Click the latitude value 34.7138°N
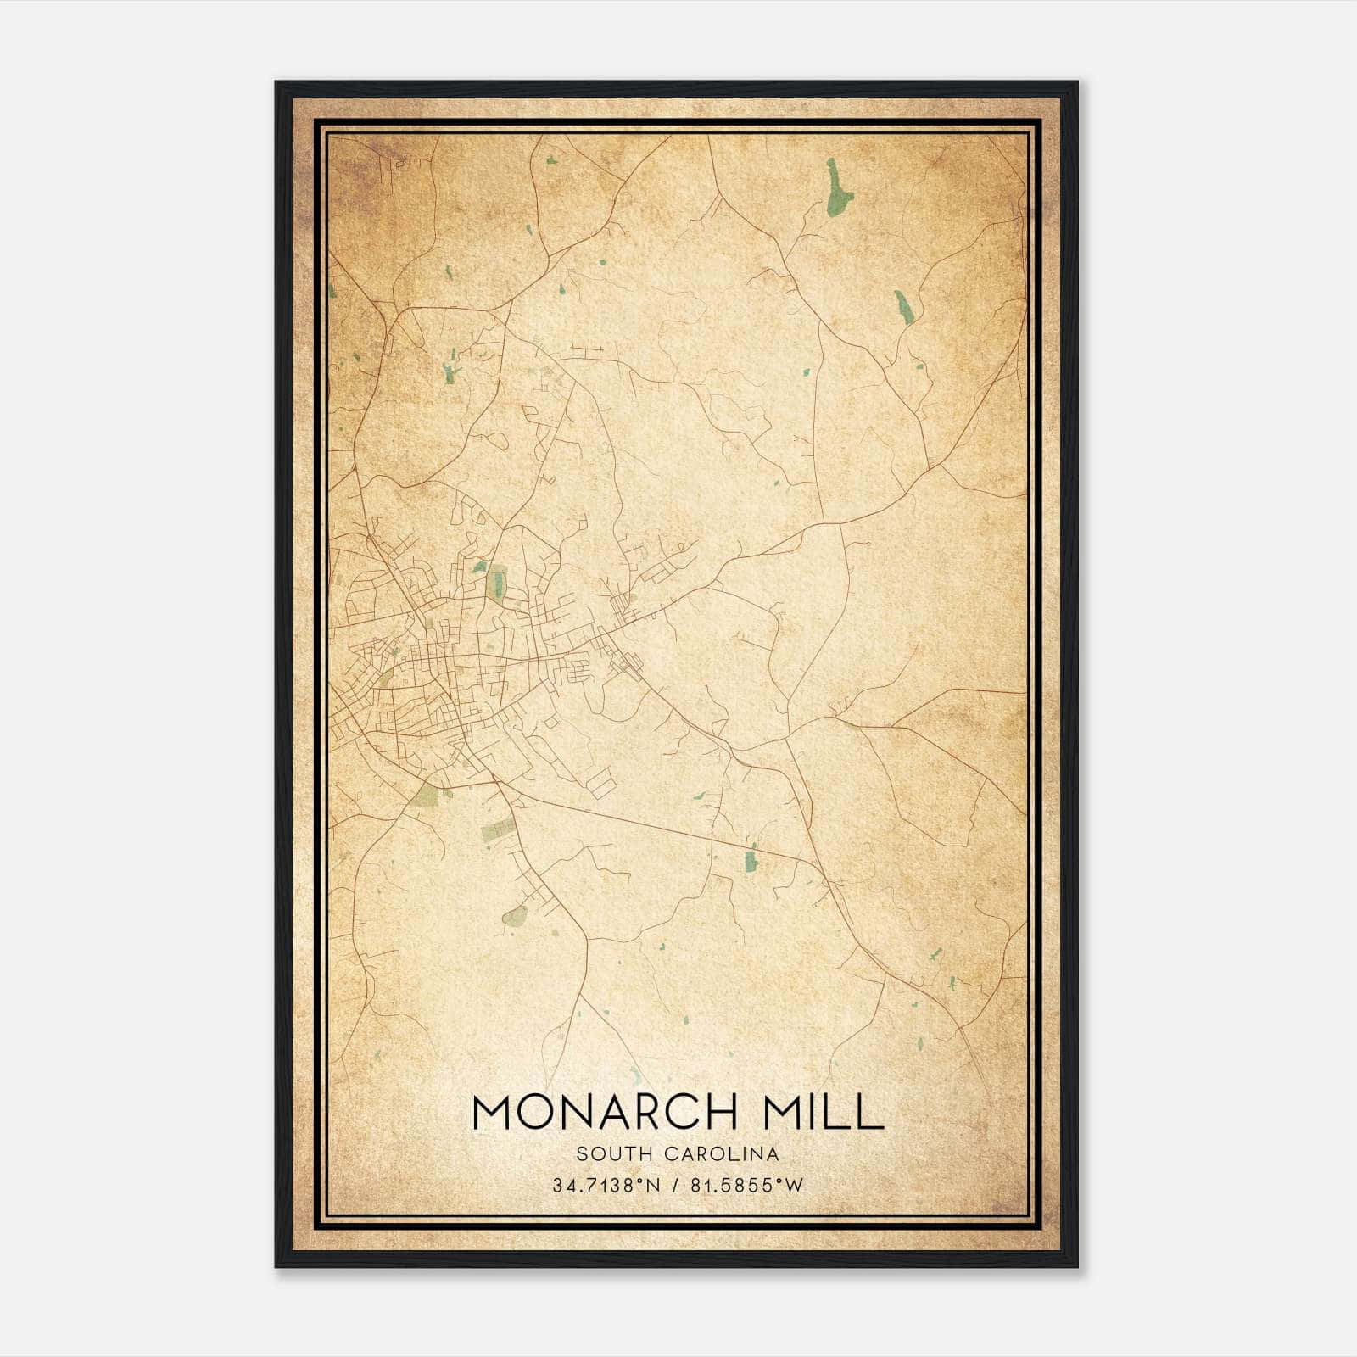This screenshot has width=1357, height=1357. pos(606,1186)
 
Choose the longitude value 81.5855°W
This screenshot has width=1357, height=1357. pos(746,1186)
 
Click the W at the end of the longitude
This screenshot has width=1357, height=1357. pos(795,1186)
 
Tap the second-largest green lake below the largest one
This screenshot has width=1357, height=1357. pos(903,307)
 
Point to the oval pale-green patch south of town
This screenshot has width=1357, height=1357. pos(514,916)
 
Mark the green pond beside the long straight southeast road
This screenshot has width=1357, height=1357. pos(750,861)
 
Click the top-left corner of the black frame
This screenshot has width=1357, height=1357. pos(276,82)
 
